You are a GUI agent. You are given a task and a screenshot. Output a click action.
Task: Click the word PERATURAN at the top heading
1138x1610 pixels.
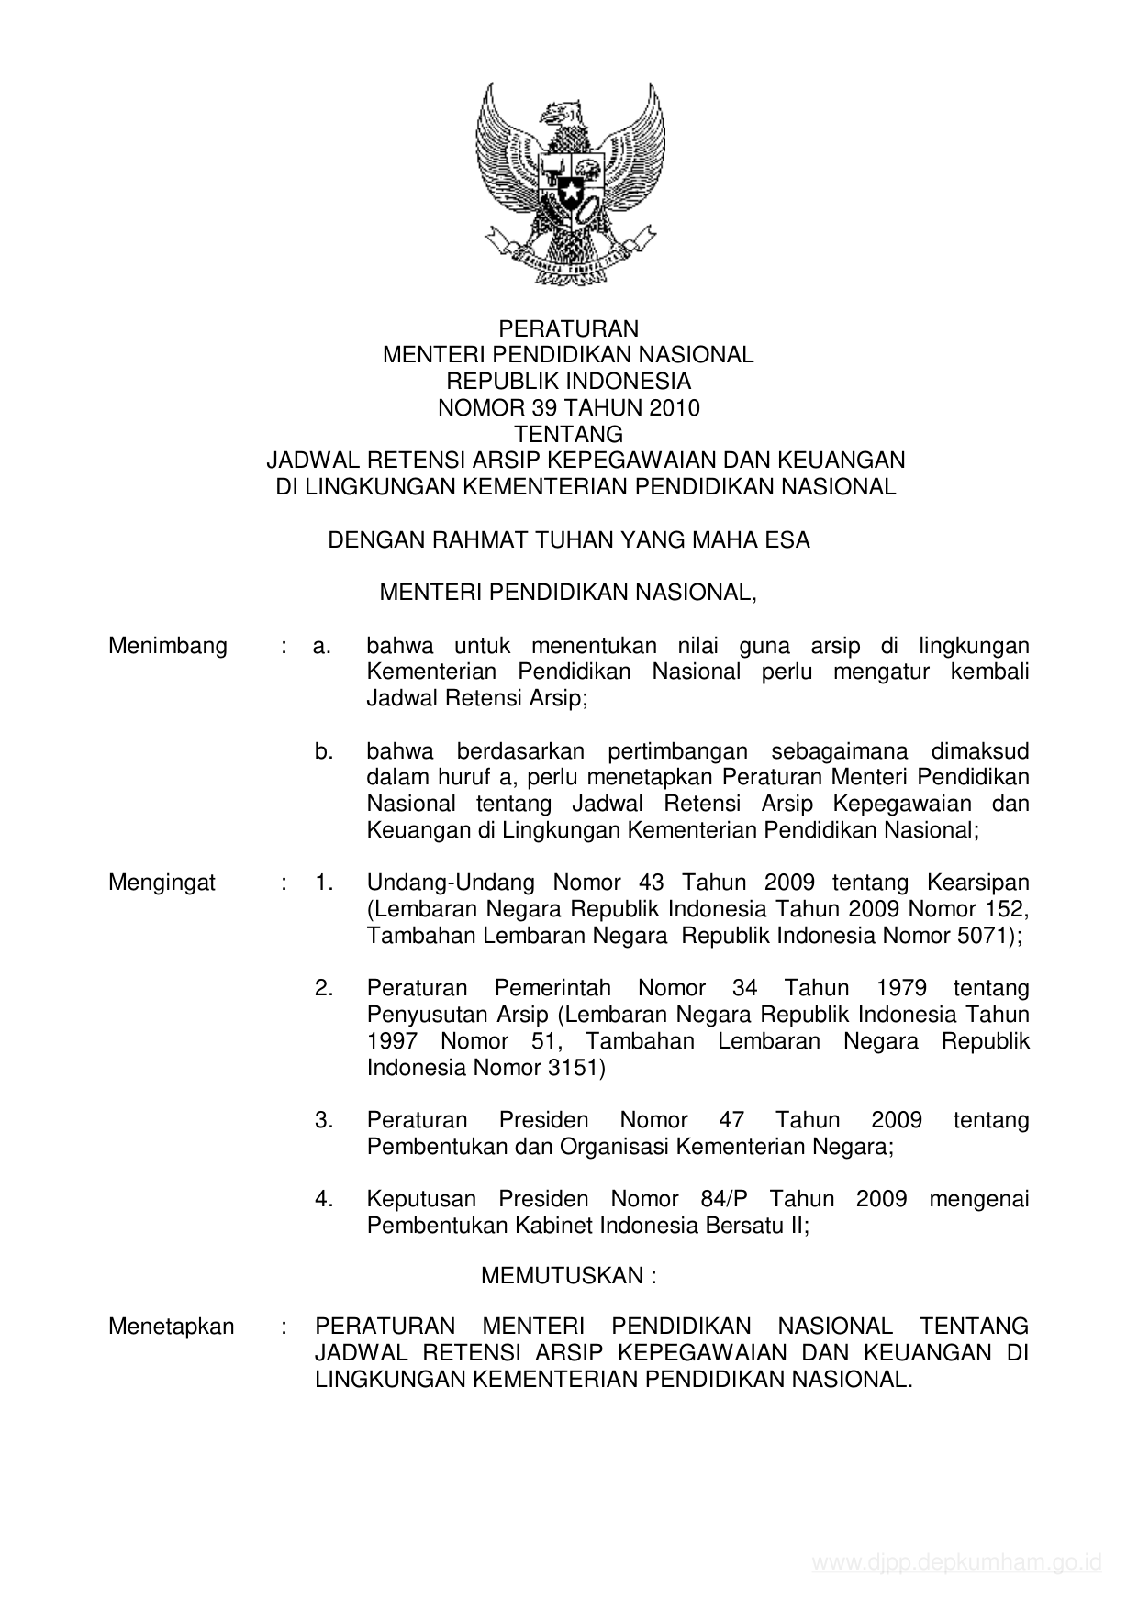pyautogui.click(x=568, y=328)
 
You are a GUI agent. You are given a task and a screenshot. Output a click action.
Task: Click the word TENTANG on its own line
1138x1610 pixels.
pyautogui.click(x=568, y=434)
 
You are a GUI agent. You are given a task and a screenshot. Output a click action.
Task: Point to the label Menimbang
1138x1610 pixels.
pyautogui.click(x=168, y=646)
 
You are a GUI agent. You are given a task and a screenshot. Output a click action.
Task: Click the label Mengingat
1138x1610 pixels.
pyautogui.click(x=162, y=883)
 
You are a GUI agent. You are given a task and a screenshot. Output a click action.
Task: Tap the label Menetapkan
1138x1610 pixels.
pyautogui.click(x=171, y=1327)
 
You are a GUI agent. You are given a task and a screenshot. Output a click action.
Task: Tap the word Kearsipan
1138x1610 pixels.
pyautogui.click(x=977, y=883)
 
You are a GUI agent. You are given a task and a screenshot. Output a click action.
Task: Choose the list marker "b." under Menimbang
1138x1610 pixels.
pyautogui.click(x=323, y=751)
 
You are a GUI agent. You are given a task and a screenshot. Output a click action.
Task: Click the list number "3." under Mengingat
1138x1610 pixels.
pyautogui.click(x=323, y=1120)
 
